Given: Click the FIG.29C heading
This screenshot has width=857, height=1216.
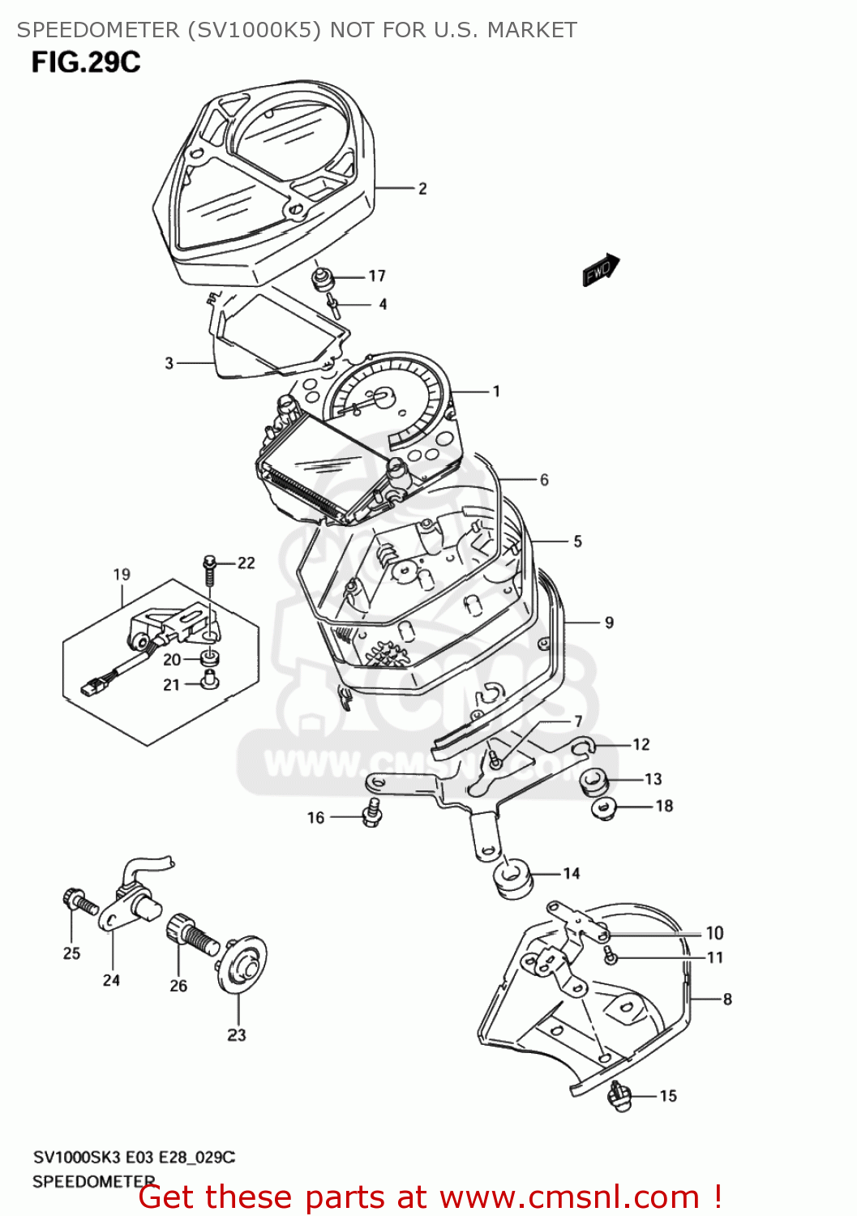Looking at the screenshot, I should point(86,62).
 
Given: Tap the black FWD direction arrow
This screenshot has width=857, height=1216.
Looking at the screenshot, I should point(601,270).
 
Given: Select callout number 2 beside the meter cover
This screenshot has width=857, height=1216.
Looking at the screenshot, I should point(422,189).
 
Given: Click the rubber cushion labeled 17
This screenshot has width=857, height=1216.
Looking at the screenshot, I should point(324,280).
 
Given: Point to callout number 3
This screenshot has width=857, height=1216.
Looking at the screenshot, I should point(169,363).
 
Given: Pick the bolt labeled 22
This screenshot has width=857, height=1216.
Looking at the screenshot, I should point(209,569).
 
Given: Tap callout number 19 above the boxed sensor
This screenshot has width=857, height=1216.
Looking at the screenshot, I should point(122,575).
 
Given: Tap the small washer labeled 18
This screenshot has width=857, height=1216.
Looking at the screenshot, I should point(605,808).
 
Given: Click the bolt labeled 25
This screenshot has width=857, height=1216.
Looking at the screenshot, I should point(74,901).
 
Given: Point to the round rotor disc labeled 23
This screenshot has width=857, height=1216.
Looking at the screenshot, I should point(242,965).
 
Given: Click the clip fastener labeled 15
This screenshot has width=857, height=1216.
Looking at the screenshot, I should point(619,1096).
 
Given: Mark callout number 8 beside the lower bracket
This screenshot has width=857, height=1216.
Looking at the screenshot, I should point(727,1000).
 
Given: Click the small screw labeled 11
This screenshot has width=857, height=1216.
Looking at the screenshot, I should point(611,957).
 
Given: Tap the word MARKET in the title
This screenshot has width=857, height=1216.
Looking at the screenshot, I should point(531,30).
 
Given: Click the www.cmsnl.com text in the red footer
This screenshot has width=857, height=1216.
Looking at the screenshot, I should point(569,1197).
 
